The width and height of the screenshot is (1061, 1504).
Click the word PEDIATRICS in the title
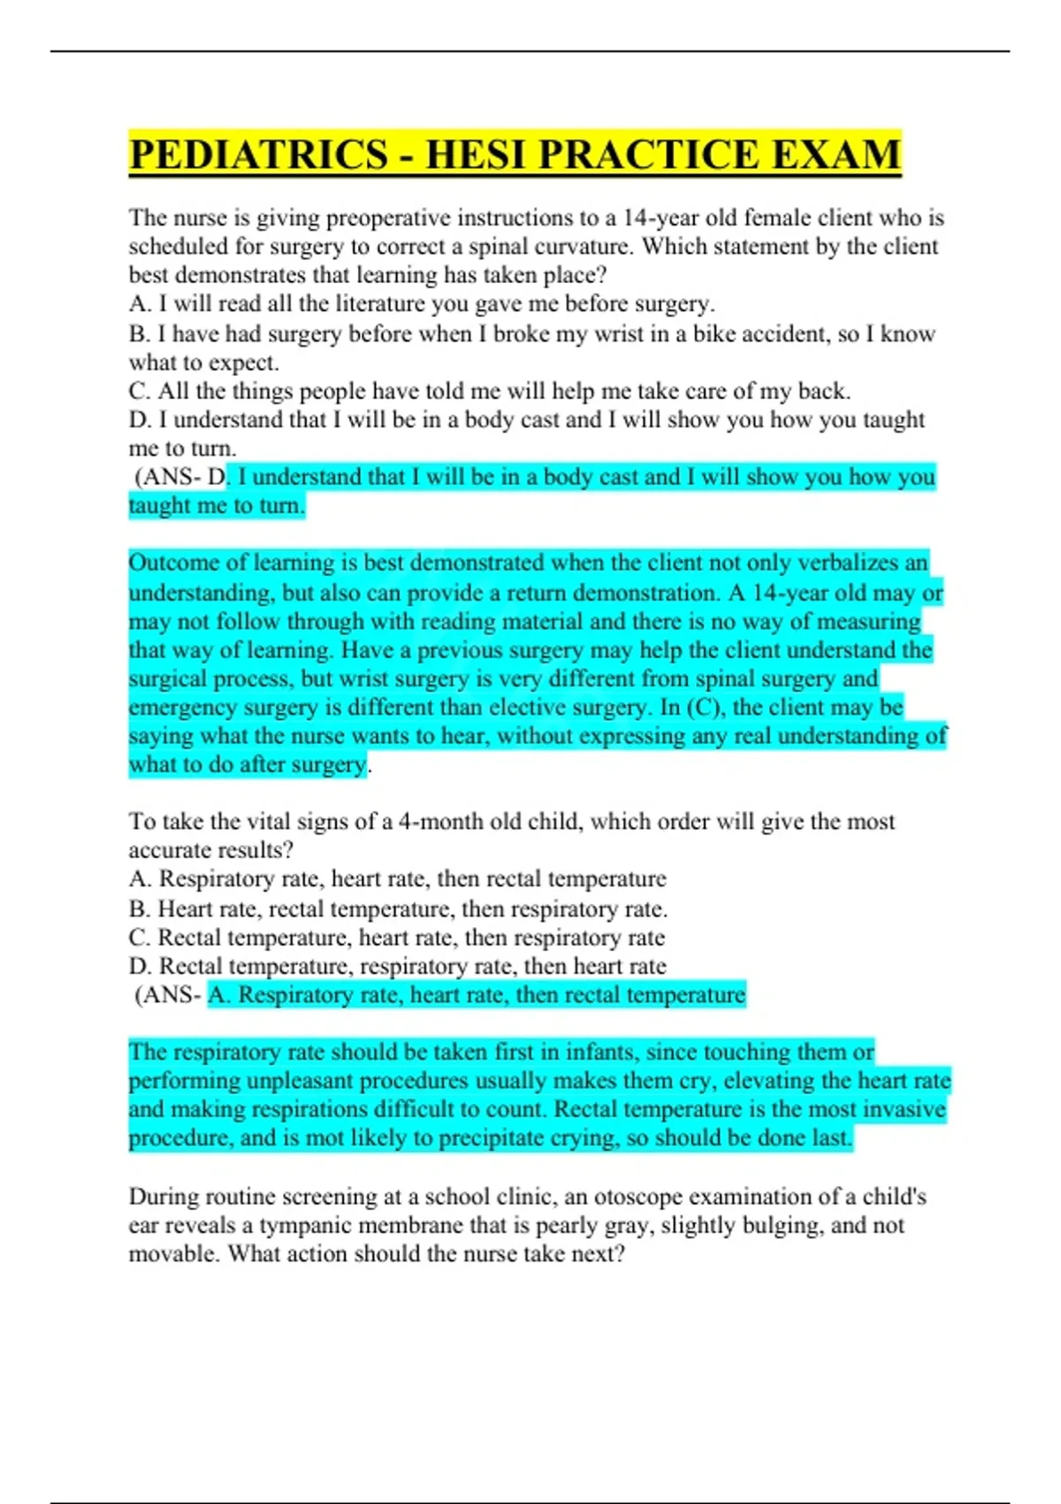click(257, 155)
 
